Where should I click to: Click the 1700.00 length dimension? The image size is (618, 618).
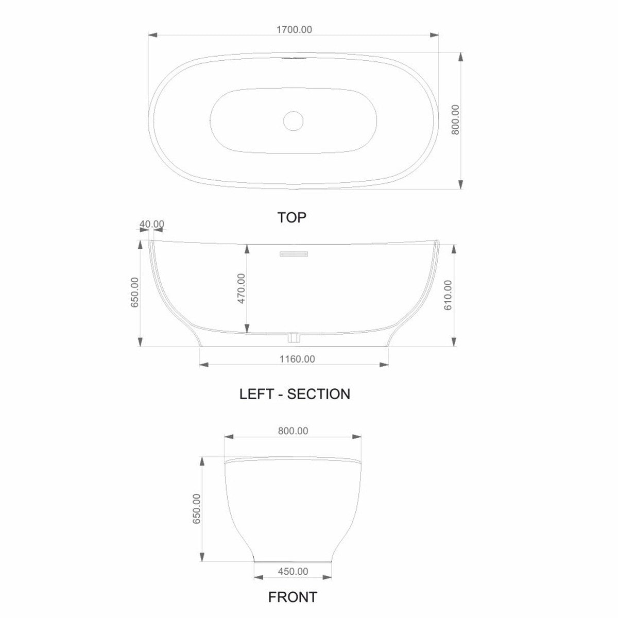294,30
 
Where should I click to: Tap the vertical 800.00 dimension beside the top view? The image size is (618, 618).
455,119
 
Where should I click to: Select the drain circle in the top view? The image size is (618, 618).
293,121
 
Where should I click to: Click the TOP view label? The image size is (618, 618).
291,217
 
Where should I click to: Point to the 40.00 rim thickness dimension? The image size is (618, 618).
152,224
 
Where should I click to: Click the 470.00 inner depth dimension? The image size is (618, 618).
241,288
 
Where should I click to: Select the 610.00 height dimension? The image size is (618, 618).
448,295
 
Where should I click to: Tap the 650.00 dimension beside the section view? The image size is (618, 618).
135,292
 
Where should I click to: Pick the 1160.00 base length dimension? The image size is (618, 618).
297,359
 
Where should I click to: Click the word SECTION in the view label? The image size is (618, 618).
318,394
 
